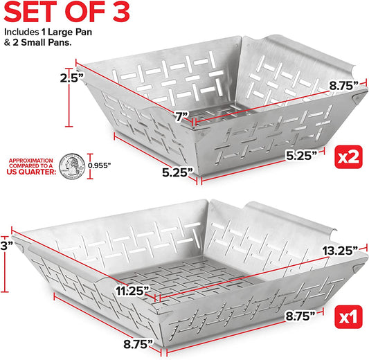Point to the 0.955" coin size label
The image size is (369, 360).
point(101,165)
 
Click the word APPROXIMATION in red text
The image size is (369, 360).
point(30,161)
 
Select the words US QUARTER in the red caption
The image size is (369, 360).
point(30,174)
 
